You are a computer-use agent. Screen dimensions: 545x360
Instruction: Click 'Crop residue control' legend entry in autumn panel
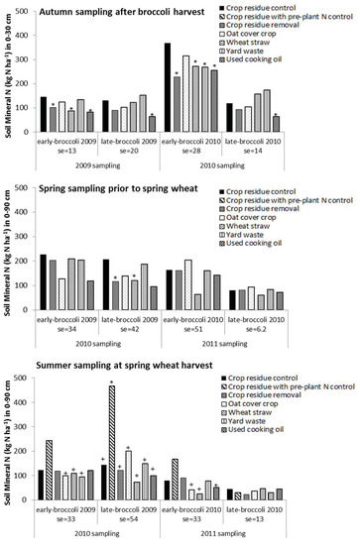click(x=293, y=9)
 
